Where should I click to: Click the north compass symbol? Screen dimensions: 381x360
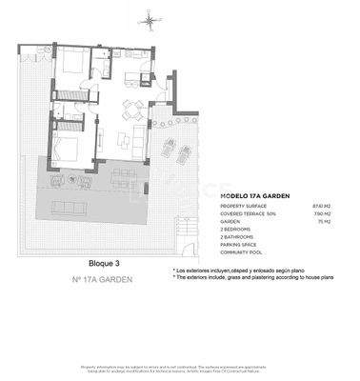pos(149,19)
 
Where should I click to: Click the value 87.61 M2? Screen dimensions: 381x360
pos(323,205)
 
